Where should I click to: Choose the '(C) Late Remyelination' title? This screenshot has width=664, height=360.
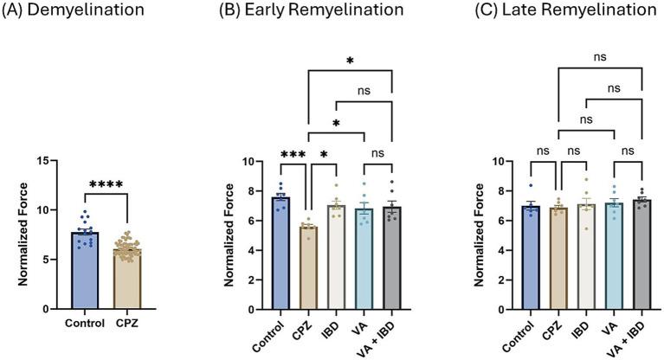pos(560,11)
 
